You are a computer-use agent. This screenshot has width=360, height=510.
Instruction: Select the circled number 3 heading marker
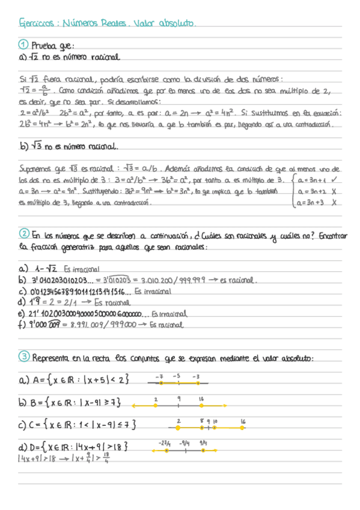[x=23, y=357]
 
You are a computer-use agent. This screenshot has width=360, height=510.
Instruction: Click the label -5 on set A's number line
[x=177, y=376]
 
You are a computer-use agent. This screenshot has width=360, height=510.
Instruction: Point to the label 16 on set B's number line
[x=200, y=399]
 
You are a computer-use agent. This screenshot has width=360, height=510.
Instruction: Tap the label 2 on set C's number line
[x=178, y=422]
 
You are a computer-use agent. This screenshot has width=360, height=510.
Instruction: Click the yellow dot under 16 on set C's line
[x=243, y=428]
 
